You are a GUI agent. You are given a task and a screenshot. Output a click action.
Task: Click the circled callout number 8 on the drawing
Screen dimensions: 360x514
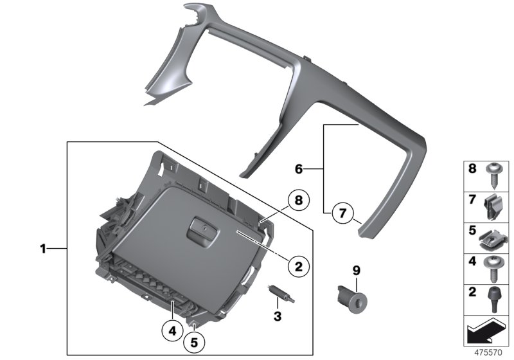pyautogui.click(x=297, y=201)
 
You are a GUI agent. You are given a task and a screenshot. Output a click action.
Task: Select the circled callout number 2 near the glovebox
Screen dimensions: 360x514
pyautogui.click(x=299, y=264)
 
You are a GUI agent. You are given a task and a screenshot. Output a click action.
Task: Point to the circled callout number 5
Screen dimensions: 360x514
pyautogui.click(x=194, y=342)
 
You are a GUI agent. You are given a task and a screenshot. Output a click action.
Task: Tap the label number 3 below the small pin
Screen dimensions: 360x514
pyautogui.click(x=278, y=316)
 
